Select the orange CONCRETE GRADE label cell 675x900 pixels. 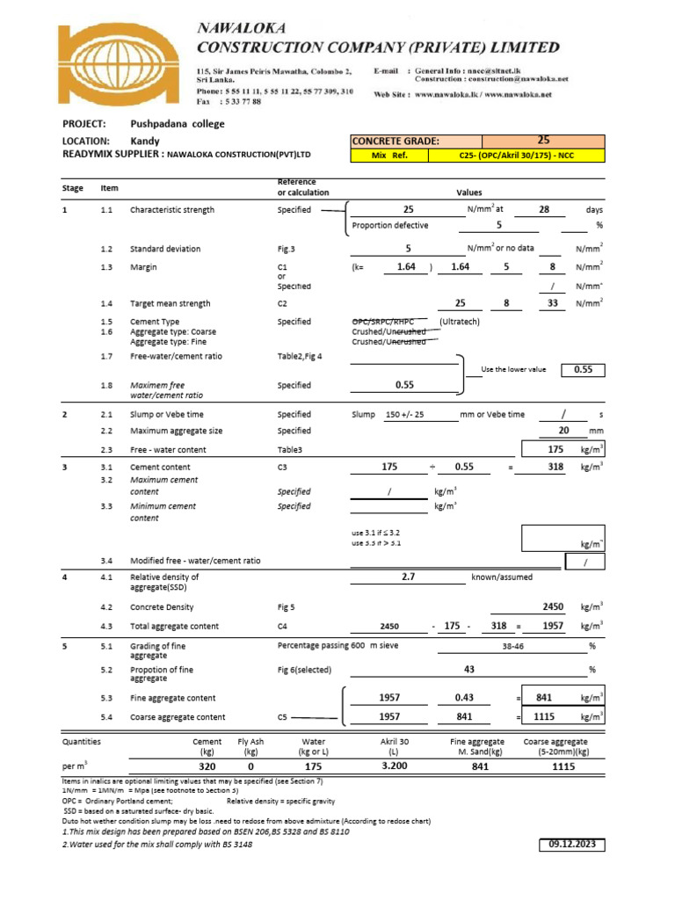[x=416, y=142]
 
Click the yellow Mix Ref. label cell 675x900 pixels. [x=388, y=156]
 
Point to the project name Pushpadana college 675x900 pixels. [x=178, y=124]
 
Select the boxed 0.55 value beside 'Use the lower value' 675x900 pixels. [x=584, y=370]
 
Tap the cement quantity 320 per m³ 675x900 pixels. [x=207, y=766]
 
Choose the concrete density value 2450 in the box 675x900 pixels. [x=553, y=607]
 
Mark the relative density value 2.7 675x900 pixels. [x=407, y=577]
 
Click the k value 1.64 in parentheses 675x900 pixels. [x=405, y=266]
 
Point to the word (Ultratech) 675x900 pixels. [x=460, y=323]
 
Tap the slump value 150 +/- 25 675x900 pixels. [x=404, y=415]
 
